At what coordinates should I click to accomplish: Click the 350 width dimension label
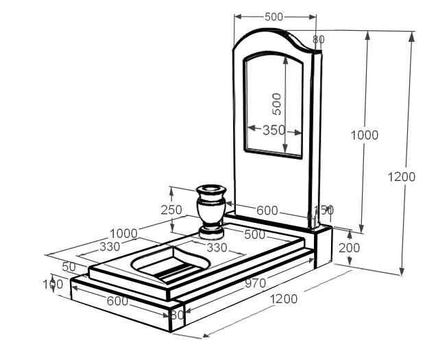[274, 130]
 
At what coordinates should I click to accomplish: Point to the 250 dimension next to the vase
[171, 211]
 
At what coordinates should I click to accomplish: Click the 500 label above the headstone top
[274, 16]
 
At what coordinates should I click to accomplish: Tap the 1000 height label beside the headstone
[364, 135]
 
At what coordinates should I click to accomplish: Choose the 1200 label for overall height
[401, 177]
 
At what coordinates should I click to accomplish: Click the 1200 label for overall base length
[283, 299]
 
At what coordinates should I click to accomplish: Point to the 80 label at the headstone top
[318, 39]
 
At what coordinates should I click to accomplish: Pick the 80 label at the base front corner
[177, 315]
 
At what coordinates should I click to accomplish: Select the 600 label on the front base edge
[117, 300]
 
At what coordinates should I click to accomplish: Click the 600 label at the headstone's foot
[267, 211]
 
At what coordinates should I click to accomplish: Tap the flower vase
[211, 209]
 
